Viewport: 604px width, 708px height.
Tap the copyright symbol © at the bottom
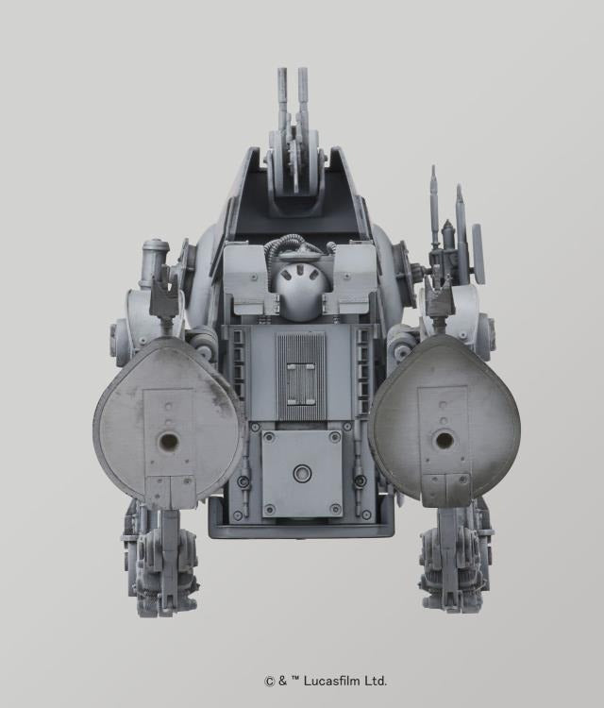[x=268, y=681]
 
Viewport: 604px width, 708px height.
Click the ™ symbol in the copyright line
[x=297, y=680]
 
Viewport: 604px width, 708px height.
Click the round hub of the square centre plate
[x=302, y=474]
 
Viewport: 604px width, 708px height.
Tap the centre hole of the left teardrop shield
[x=170, y=441]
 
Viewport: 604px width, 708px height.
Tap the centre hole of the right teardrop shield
[x=443, y=440]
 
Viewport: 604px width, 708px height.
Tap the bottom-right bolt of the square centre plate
[x=336, y=509]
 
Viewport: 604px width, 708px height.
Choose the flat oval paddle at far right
[x=478, y=253]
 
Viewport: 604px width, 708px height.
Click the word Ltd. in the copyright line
[x=376, y=681]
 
